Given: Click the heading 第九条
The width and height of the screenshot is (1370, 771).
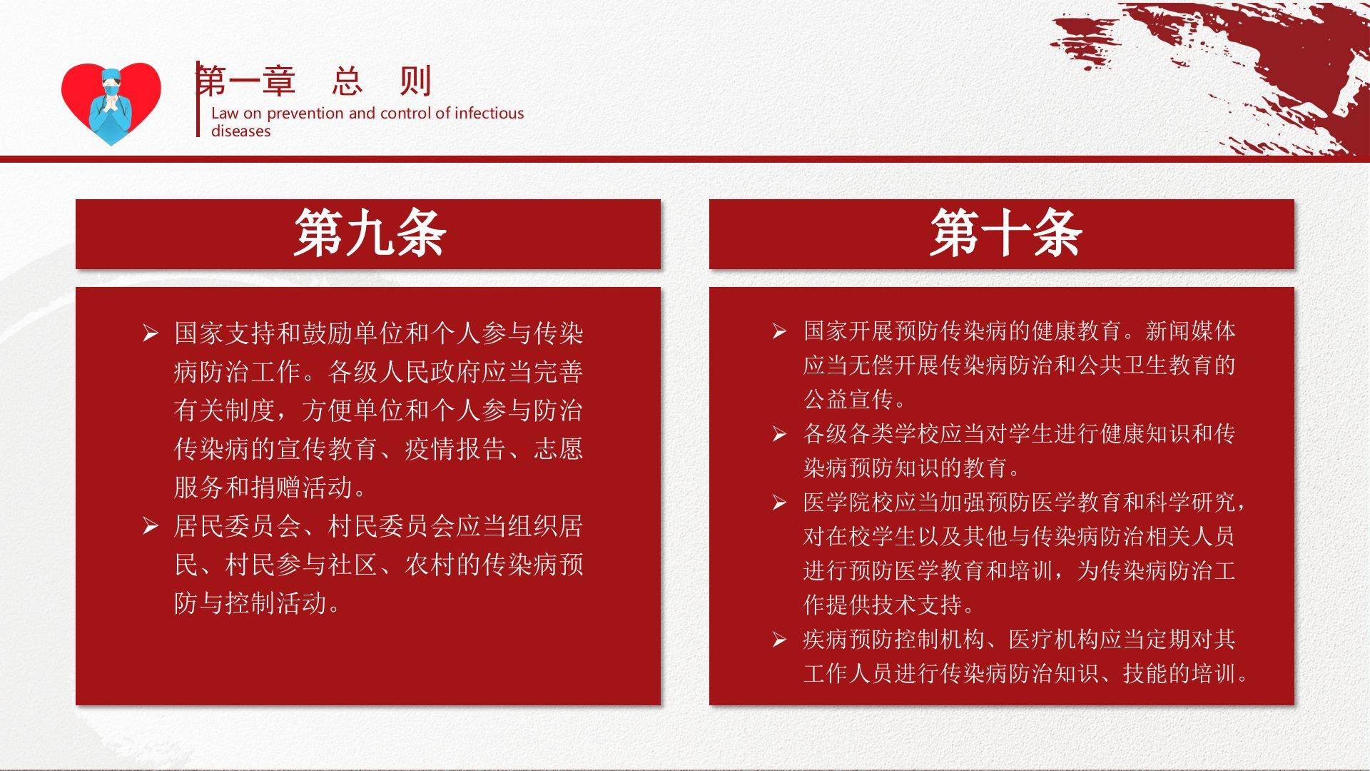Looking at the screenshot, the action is [370, 233].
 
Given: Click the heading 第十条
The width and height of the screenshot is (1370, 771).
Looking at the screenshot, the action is [1005, 233].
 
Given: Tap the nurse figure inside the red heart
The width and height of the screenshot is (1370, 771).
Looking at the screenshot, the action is [111, 105].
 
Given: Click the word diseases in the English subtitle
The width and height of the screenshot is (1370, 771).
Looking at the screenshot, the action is [240, 131].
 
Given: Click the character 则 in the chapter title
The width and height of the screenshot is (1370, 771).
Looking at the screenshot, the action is [415, 81].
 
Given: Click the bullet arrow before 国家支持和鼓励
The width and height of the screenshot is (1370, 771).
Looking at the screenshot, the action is [150, 333].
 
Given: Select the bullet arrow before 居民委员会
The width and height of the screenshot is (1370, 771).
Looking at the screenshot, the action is [150, 527].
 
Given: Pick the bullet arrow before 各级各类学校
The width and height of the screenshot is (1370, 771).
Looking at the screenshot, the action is [779, 434].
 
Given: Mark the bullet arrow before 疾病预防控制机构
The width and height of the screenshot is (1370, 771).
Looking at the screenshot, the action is [779, 640].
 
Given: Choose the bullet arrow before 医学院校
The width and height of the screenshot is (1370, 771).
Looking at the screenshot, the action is [779, 503].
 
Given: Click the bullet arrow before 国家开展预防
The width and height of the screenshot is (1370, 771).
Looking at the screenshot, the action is [779, 331].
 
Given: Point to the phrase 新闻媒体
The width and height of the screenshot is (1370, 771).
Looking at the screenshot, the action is [1190, 331].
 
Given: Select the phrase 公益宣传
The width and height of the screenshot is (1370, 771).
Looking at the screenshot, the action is [848, 400].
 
